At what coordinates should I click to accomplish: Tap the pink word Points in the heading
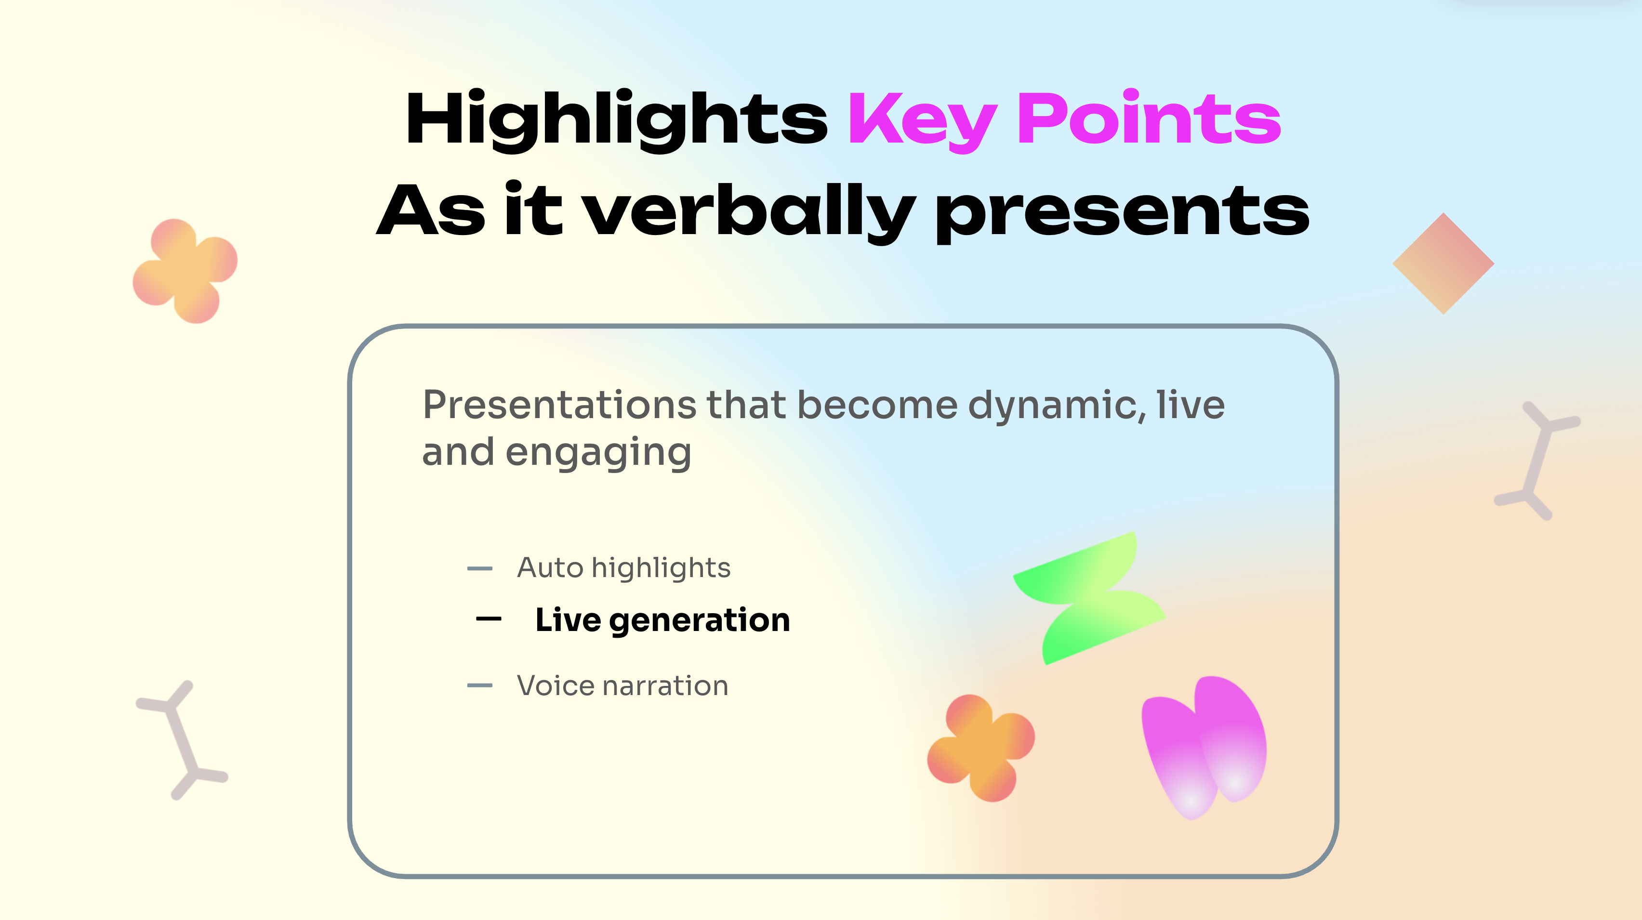pos(1149,117)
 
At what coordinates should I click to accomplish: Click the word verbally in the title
pos(750,211)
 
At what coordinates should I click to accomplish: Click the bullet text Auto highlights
pos(623,568)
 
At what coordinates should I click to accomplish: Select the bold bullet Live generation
pos(662,620)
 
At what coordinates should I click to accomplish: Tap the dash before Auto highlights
pos(479,568)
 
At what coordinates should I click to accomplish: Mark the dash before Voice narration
pos(479,685)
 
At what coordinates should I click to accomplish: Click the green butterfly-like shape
pos(1089,598)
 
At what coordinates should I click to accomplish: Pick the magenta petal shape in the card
pos(1204,747)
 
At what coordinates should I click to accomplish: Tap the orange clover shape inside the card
pos(981,748)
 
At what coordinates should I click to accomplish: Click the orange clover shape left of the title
pos(185,271)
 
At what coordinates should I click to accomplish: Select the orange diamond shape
pos(1443,263)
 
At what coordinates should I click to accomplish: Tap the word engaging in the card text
pos(598,453)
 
